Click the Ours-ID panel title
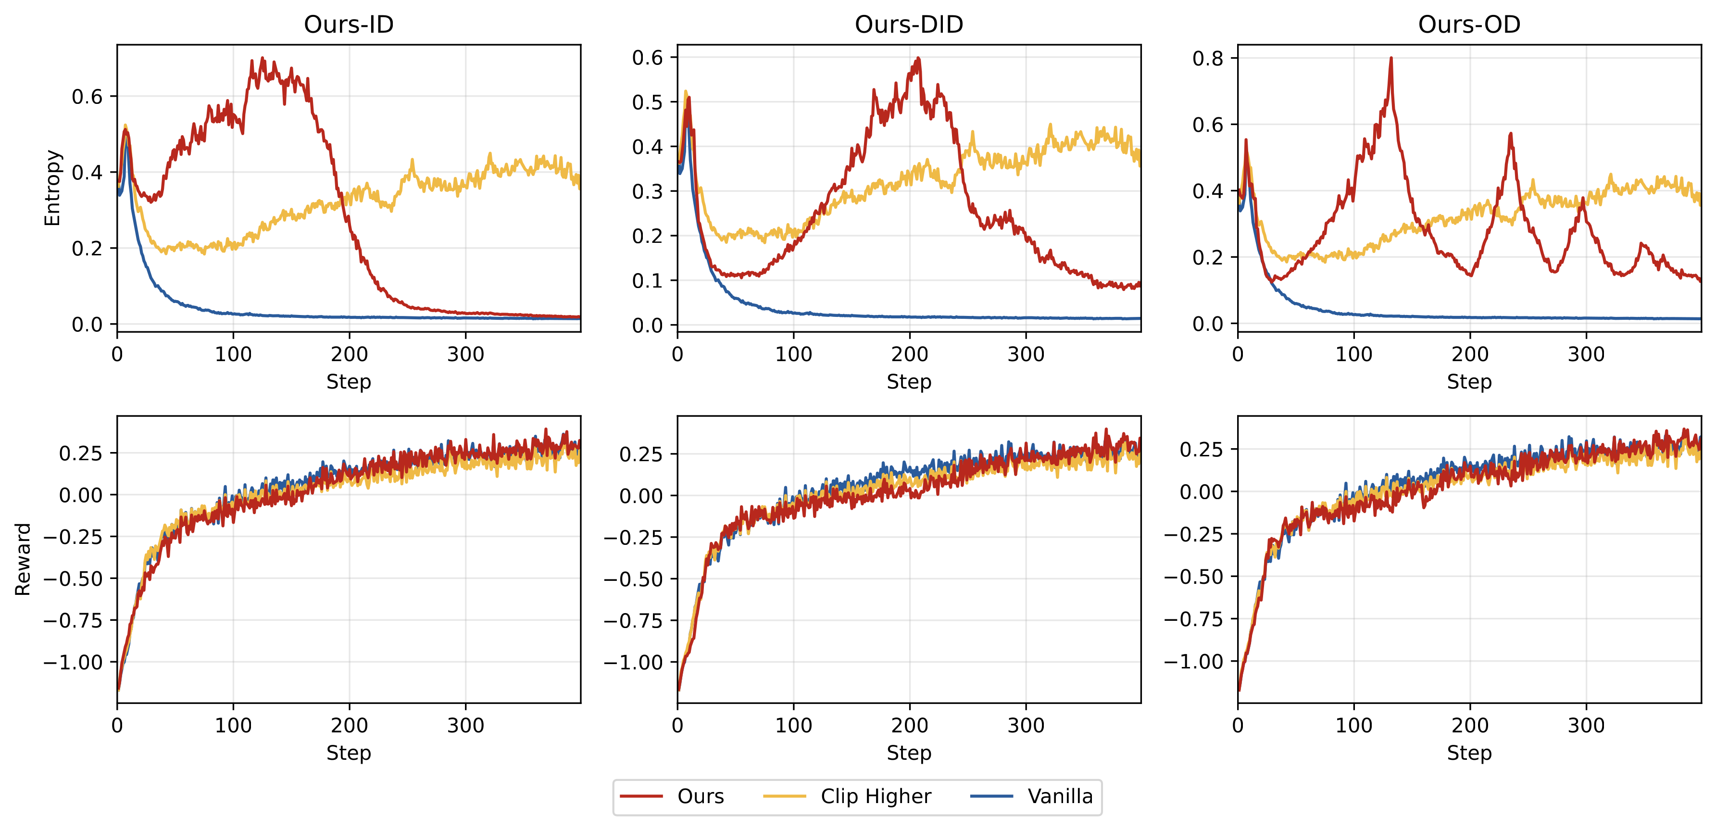349,25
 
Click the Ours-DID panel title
909,25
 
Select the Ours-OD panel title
1469,25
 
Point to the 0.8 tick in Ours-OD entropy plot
1208,59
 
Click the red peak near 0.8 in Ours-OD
1391,59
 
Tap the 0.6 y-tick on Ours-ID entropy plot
87,97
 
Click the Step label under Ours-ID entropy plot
349,382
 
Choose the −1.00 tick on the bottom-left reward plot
73,662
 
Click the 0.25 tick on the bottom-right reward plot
1201,450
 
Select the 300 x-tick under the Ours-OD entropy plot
1585,354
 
